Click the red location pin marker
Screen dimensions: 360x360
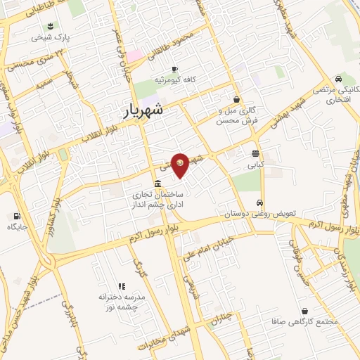pos(181,165)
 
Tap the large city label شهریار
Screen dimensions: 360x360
pos(143,110)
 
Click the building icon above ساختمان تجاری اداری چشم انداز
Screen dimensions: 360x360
pos(156,184)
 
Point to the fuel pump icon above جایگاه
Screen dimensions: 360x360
pos(15,215)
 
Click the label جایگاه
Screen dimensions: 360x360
pos(15,227)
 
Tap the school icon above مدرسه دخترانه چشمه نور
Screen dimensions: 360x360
pos(121,287)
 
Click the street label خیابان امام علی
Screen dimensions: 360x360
pos(210,248)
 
